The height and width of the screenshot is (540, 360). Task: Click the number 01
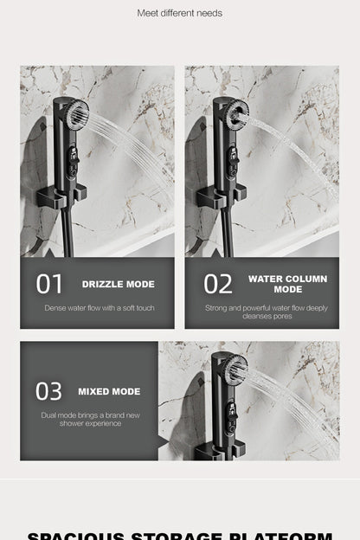[50, 284]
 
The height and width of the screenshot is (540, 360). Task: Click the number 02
[218, 284]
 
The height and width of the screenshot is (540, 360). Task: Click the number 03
[48, 391]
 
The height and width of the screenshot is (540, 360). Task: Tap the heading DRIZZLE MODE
[118, 284]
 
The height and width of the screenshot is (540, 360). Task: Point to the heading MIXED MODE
[109, 391]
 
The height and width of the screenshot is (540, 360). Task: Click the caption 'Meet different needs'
[180, 13]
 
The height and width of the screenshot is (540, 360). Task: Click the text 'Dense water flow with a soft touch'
[100, 308]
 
